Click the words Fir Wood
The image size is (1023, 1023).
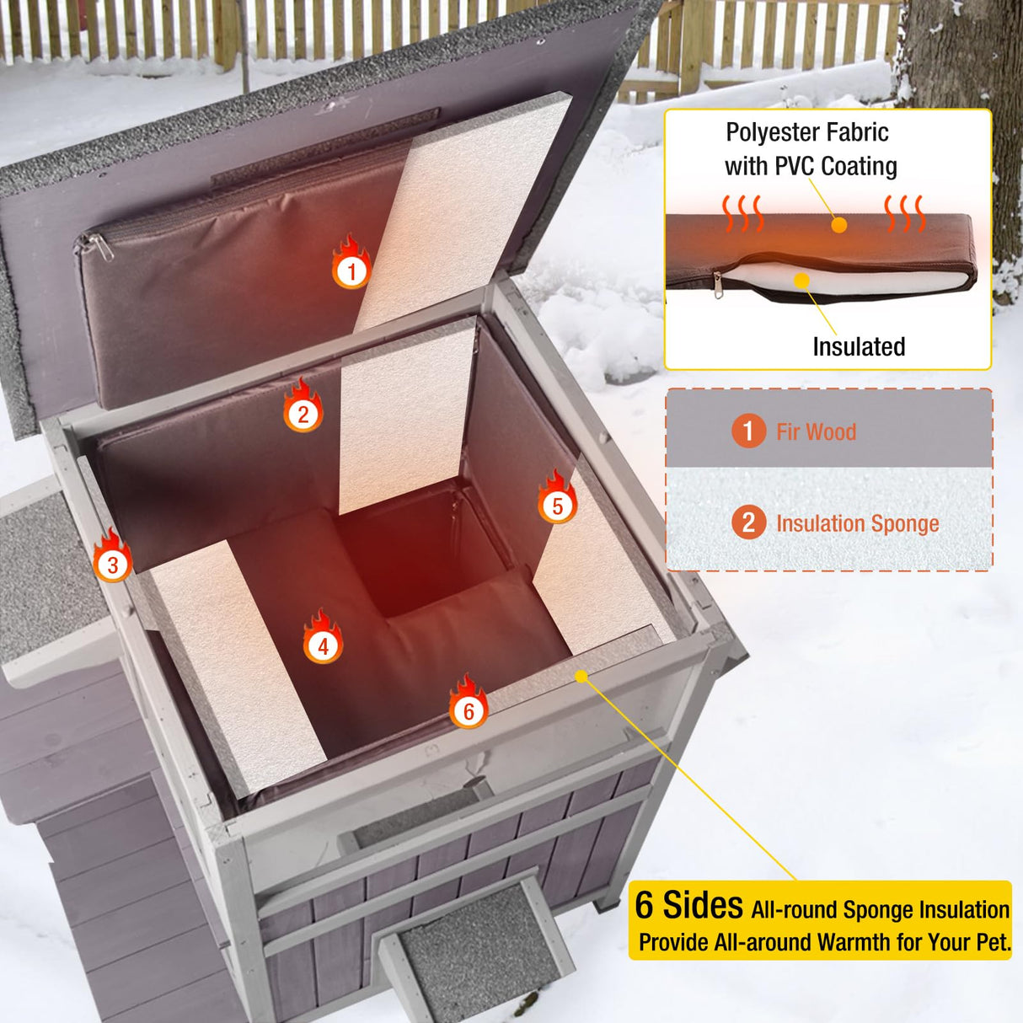(x=816, y=432)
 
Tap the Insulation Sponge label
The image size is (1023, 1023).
(x=857, y=523)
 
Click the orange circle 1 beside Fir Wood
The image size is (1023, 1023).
(x=748, y=431)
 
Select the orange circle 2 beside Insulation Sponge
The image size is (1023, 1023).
(x=748, y=522)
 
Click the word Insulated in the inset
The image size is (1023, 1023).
(x=859, y=346)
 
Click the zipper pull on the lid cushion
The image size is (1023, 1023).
(x=98, y=247)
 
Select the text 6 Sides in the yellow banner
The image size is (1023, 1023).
(x=689, y=906)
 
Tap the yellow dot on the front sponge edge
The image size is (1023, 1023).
(x=581, y=676)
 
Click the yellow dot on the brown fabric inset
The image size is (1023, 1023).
(x=838, y=225)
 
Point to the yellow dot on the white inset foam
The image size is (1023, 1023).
(x=802, y=280)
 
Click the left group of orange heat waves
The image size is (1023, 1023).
(x=742, y=213)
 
